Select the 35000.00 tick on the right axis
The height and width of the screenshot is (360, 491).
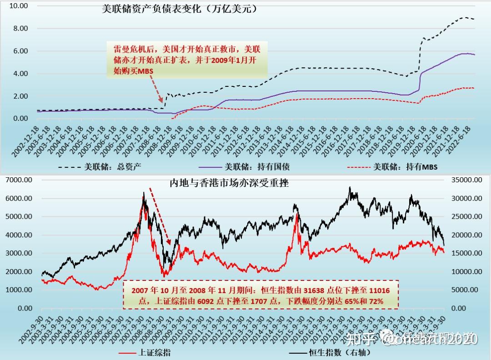466,180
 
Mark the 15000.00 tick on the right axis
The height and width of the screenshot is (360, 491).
466,253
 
